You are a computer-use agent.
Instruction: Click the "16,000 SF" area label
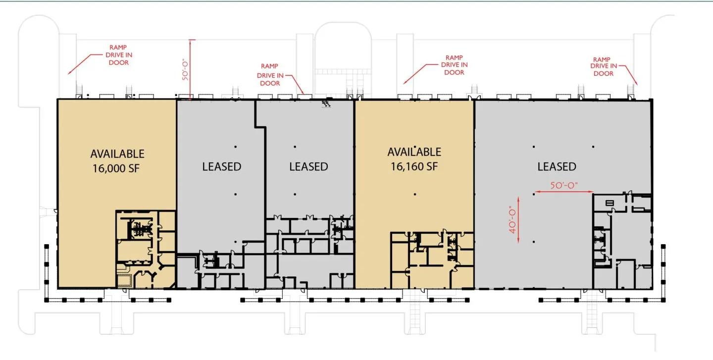click(x=116, y=168)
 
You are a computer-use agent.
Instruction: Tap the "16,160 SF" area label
click(x=414, y=166)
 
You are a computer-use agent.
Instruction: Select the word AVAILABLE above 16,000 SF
click(x=117, y=154)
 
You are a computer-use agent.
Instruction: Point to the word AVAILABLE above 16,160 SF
click(x=414, y=152)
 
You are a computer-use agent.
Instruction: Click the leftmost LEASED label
click(x=221, y=166)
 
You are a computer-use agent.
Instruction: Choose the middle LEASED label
click(x=308, y=166)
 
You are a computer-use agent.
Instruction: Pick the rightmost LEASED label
click(x=557, y=166)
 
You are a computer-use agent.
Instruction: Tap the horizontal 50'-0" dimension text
click(x=564, y=185)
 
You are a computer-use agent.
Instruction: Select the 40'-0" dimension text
click(x=512, y=220)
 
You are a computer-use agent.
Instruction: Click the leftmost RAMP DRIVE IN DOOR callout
click(x=119, y=55)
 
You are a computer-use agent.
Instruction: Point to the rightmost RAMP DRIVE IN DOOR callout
click(x=604, y=66)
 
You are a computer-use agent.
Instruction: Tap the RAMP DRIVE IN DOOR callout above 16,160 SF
click(x=454, y=65)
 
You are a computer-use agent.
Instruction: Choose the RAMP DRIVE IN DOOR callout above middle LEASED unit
click(x=270, y=75)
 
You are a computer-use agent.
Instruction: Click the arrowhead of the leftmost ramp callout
click(x=69, y=73)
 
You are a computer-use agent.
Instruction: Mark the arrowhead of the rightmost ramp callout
click(x=636, y=83)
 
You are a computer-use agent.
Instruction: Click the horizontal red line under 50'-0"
click(x=563, y=192)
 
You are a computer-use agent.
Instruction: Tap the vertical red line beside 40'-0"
click(x=518, y=220)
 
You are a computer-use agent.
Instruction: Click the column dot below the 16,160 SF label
click(x=415, y=194)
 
